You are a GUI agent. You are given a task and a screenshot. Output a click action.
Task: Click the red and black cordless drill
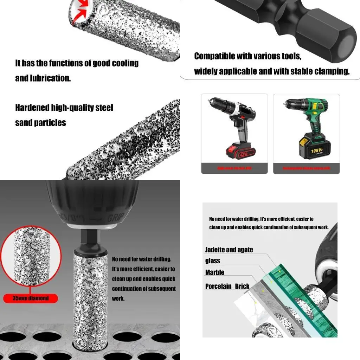pos(234,127)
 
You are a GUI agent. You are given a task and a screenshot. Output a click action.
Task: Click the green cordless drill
pos(307,125)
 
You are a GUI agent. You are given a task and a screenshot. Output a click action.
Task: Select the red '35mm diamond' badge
pos(31,298)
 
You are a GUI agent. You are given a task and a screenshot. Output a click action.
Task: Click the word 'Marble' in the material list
pos(215,272)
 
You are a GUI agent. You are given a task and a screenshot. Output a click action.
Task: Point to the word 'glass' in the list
pos(213,261)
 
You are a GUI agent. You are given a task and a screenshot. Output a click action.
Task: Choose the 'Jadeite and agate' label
pos(229,250)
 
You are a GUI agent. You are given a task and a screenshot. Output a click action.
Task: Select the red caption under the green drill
pos(306,168)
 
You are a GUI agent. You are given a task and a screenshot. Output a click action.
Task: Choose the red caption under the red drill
pos(234,168)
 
